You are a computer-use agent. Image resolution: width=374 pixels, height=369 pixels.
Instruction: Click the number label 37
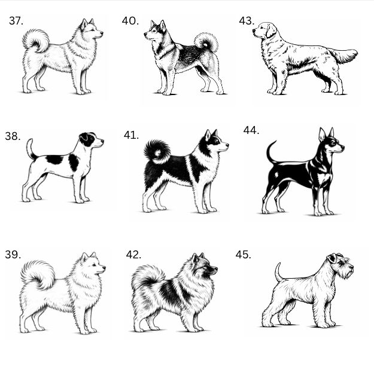pyautogui.click(x=16, y=21)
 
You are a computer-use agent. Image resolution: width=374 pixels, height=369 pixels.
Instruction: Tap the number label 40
pyautogui.click(x=130, y=21)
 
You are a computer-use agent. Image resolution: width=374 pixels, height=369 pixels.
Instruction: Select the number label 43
pyautogui.click(x=247, y=21)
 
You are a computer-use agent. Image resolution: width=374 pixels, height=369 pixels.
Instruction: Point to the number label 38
pyautogui.click(x=13, y=136)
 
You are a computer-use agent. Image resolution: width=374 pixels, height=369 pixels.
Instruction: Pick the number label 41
pyautogui.click(x=131, y=135)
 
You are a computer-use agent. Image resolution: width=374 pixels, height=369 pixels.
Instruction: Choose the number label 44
pyautogui.click(x=251, y=130)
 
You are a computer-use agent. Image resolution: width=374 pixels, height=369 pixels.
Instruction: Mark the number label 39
pyautogui.click(x=13, y=255)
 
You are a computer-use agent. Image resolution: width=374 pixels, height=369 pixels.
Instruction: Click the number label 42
pyautogui.click(x=133, y=255)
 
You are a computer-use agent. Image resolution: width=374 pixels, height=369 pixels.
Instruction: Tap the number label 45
pyautogui.click(x=244, y=255)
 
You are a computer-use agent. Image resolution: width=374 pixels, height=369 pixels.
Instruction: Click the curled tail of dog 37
pyautogui.click(x=37, y=40)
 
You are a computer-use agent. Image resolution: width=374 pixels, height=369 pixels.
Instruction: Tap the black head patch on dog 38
pyautogui.click(x=87, y=139)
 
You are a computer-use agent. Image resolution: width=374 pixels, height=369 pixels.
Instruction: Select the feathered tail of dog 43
pyautogui.click(x=343, y=55)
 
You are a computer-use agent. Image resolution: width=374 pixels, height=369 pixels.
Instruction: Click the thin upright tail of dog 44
pyautogui.click(x=269, y=153)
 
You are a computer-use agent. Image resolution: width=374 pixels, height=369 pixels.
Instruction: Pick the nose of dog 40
pyautogui.click(x=145, y=35)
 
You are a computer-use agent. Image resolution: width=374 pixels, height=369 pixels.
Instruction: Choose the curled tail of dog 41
pyautogui.click(x=157, y=151)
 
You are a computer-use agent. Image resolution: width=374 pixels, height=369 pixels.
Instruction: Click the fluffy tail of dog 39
pyautogui.click(x=38, y=274)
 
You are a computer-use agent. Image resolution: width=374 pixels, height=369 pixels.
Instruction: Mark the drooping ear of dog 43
pyautogui.click(x=271, y=31)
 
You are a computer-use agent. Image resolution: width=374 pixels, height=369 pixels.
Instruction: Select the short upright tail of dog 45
pyautogui.click(x=278, y=272)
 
